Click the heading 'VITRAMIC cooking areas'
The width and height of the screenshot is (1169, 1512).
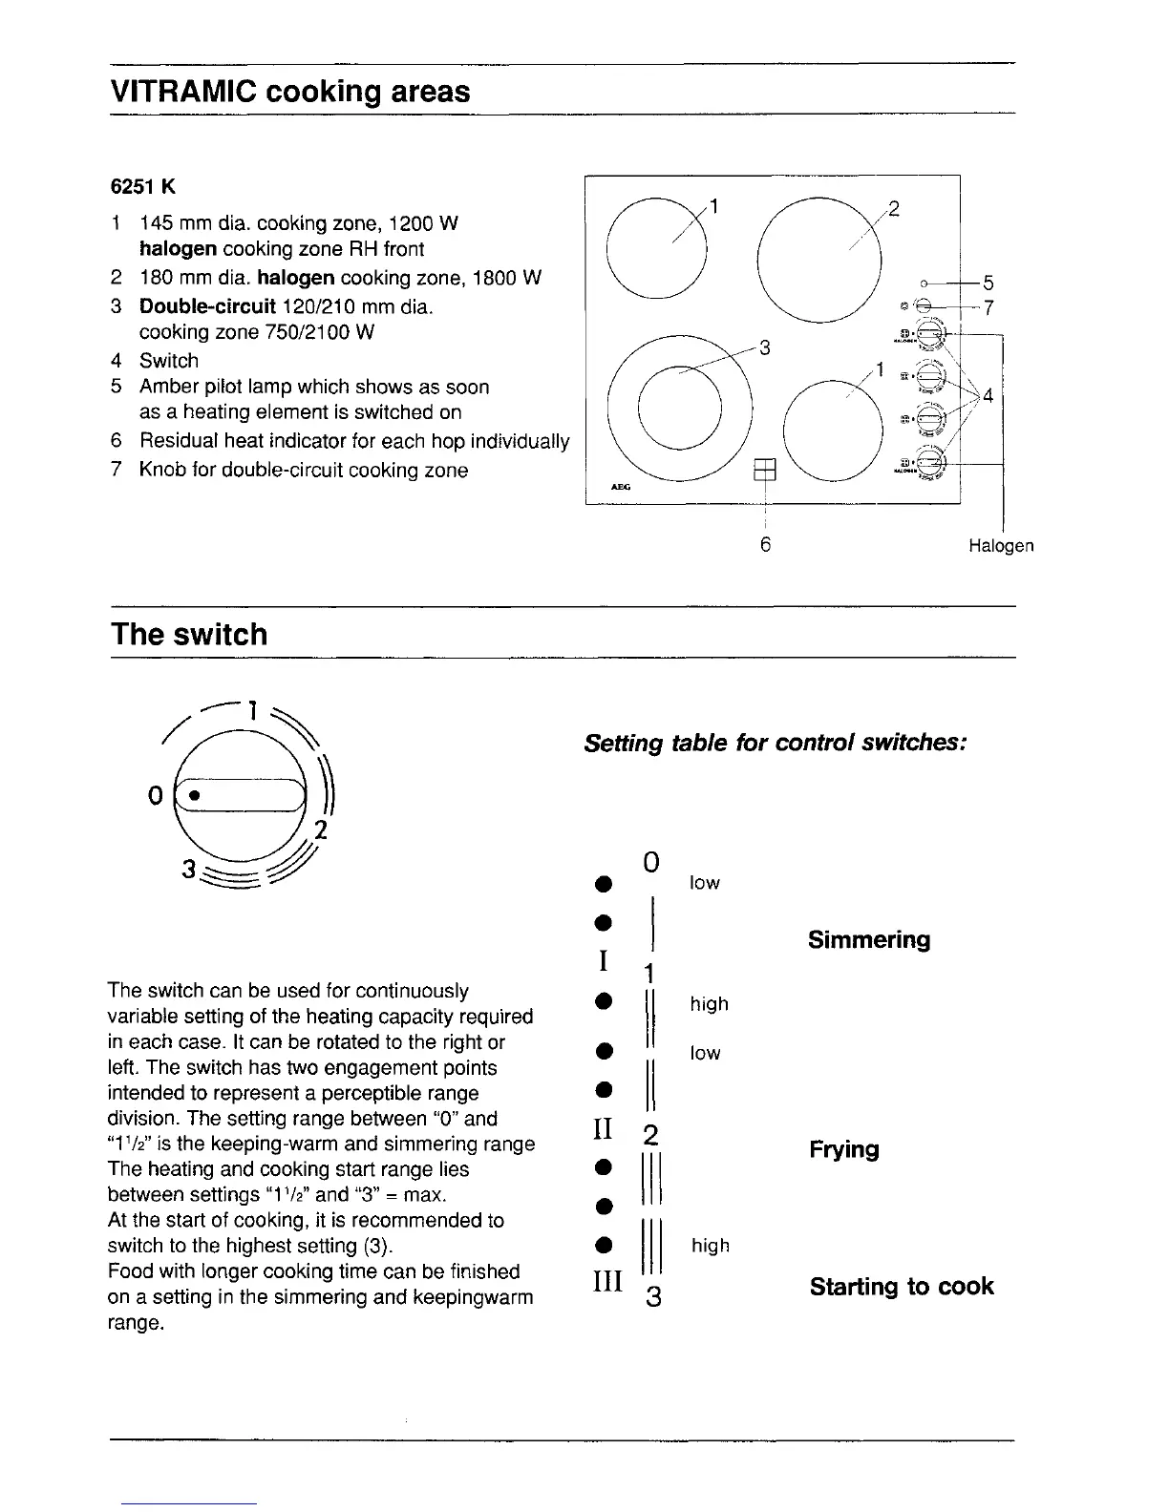tap(290, 92)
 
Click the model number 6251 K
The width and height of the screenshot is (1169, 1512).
tap(143, 185)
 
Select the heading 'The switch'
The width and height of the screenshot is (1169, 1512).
tap(189, 635)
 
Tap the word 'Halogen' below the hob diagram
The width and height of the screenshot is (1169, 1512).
tap(1000, 546)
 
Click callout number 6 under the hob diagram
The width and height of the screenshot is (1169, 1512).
tap(765, 545)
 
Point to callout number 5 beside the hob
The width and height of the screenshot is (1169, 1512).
tap(988, 283)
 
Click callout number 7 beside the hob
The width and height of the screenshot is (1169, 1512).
tap(988, 307)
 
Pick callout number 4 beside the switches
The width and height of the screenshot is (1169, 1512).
tap(988, 395)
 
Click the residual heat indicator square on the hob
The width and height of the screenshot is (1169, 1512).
tap(765, 469)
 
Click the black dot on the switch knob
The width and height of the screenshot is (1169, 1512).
tap(193, 795)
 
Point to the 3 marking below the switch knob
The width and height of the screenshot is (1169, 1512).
tap(188, 870)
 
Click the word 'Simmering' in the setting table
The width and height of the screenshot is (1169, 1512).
tap(868, 940)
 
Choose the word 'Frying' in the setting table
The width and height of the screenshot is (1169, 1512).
tap(843, 1149)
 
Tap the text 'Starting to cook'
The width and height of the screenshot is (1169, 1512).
tap(901, 1287)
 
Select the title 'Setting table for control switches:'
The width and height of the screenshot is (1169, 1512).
tap(776, 743)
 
